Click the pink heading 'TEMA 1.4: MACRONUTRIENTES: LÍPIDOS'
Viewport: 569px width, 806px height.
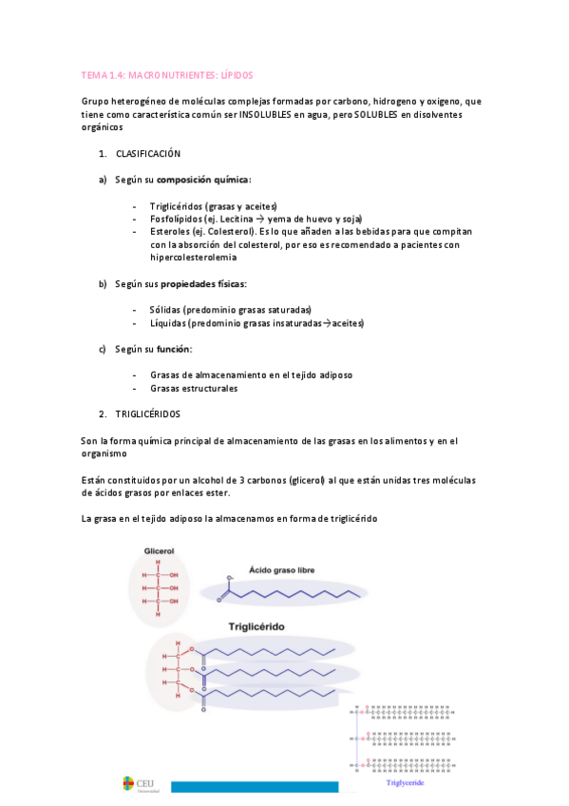tap(167, 74)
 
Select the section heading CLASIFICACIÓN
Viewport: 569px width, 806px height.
tap(148, 154)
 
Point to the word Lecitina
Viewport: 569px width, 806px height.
tap(236, 219)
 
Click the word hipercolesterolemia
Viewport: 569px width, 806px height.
tap(194, 258)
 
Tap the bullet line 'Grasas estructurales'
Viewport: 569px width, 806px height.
tap(194, 388)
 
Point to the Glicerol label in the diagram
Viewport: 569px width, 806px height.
tap(160, 550)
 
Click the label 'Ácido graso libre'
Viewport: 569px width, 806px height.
tap(281, 570)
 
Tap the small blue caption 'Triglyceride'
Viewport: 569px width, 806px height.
tap(405, 783)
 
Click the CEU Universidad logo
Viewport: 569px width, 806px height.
tap(142, 784)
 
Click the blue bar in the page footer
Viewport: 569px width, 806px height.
tap(256, 787)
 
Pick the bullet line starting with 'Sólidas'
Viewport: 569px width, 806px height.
tap(229, 310)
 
